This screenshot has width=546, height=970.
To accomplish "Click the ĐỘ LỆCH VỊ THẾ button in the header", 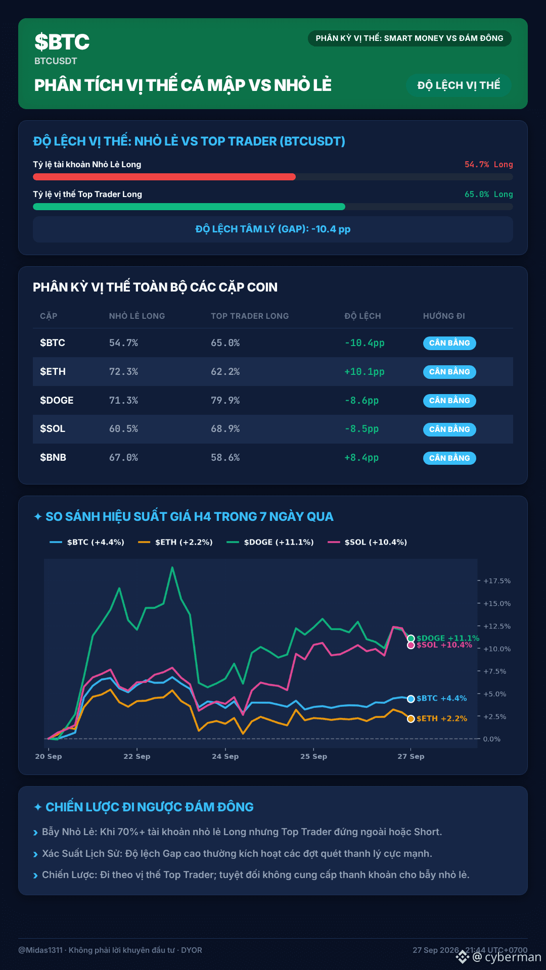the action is (459, 85).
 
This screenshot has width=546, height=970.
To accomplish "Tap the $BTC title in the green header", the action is (62, 42).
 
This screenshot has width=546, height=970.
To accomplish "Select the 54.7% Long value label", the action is (488, 164).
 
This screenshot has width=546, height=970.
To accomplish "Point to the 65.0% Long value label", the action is (488, 194).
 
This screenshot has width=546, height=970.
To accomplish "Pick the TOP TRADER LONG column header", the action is (250, 316).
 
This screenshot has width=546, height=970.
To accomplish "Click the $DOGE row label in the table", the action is (57, 400).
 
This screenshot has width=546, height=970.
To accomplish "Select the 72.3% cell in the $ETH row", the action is (123, 371).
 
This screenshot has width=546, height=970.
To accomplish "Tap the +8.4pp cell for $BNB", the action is (361, 458).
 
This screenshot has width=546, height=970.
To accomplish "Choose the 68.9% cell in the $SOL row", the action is (225, 428).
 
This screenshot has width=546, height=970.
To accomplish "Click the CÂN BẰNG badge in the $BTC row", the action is (449, 343).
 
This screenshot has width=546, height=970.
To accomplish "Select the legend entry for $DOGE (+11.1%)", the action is (270, 542).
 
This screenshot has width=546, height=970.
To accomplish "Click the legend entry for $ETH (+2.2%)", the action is (175, 542).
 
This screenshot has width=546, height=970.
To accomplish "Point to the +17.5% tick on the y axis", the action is (496, 581).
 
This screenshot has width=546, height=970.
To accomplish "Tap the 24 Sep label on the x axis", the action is (225, 756).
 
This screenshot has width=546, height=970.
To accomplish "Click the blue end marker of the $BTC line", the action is (411, 699).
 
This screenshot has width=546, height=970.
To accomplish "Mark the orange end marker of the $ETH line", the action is (411, 719).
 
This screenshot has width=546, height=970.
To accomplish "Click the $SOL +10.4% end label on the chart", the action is (444, 645).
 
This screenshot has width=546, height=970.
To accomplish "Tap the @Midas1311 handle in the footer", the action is (40, 950).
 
